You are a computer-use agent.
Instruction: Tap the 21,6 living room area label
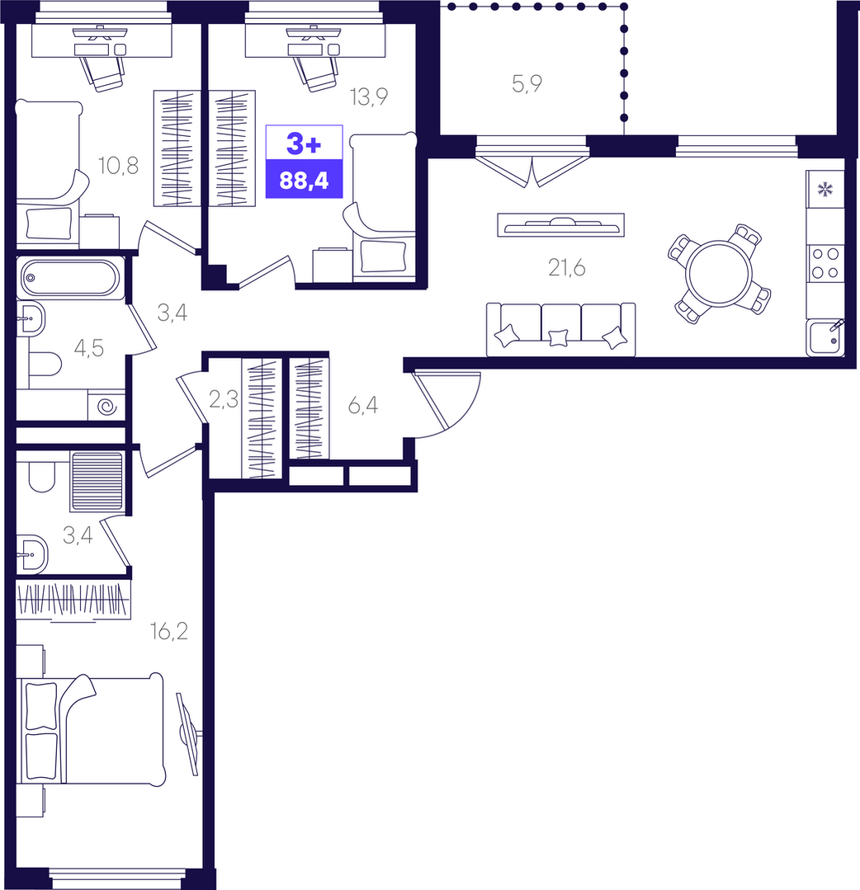tap(566, 267)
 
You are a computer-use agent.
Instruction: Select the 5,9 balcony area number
tap(527, 84)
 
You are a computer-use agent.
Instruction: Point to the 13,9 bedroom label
tap(369, 97)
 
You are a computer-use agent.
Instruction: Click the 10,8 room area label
tap(118, 166)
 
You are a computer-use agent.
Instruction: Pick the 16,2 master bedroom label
tap(168, 631)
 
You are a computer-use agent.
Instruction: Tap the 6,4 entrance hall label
tap(363, 405)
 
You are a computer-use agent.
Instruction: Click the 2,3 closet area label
tap(223, 399)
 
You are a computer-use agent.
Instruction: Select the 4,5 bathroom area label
tap(88, 348)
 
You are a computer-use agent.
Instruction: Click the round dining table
tap(719, 274)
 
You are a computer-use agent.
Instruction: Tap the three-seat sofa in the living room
tap(560, 329)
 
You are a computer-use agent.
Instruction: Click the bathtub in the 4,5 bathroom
tap(70, 277)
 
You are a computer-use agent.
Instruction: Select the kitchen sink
tap(825, 338)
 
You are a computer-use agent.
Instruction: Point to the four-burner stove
tap(825, 263)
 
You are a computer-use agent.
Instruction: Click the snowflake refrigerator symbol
tap(825, 189)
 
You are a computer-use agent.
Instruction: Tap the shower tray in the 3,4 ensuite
tap(97, 481)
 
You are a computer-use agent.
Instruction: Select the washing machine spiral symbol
tap(106, 407)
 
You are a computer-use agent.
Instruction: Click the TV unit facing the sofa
tap(560, 225)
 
